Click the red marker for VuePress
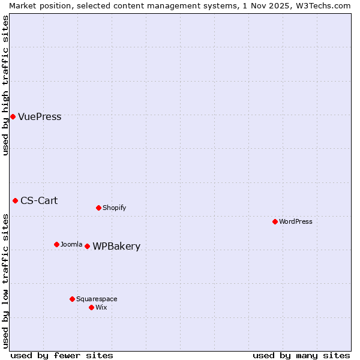(x=13, y=116)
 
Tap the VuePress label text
(x=40, y=117)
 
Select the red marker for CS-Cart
(x=15, y=200)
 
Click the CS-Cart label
(x=39, y=201)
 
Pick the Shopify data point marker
(x=98, y=208)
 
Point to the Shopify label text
(x=114, y=208)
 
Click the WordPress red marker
(x=275, y=221)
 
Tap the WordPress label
(x=295, y=222)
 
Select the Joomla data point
(x=56, y=244)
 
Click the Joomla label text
(x=71, y=245)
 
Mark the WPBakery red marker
(x=87, y=246)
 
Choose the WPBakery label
(x=116, y=247)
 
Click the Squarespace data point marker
(x=72, y=299)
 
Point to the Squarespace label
(x=97, y=299)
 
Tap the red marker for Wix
(x=91, y=307)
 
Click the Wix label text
(x=101, y=308)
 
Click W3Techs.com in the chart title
(x=326, y=5)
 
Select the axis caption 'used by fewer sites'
(x=62, y=355)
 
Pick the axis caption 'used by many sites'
(x=301, y=355)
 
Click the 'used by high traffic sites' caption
(x=6, y=85)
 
